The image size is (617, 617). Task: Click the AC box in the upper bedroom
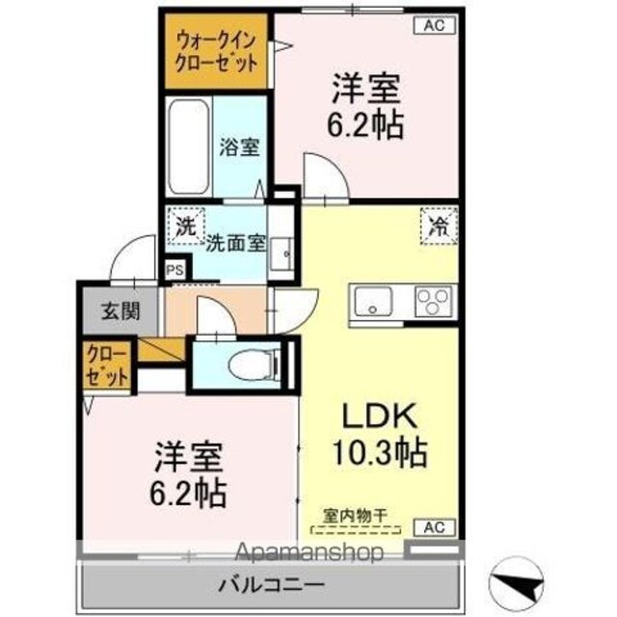(x=435, y=26)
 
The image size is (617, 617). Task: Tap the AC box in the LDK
(x=435, y=527)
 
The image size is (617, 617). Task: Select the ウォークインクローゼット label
(x=216, y=51)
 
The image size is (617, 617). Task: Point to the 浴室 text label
(x=239, y=148)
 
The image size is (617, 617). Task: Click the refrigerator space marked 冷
(x=439, y=227)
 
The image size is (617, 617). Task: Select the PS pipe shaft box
(x=174, y=270)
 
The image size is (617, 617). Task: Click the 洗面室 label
(x=236, y=244)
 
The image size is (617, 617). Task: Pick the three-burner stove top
(x=434, y=301)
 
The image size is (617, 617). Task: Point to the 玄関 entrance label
(x=121, y=311)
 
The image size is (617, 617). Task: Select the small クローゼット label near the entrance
(x=107, y=365)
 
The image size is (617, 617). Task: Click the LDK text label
(x=380, y=416)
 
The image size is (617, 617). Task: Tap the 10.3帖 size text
(x=380, y=452)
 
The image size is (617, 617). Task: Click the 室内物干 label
(x=356, y=516)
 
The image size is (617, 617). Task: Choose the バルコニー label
(x=271, y=584)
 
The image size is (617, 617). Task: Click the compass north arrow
(x=517, y=582)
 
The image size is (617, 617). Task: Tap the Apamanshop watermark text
(x=308, y=552)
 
